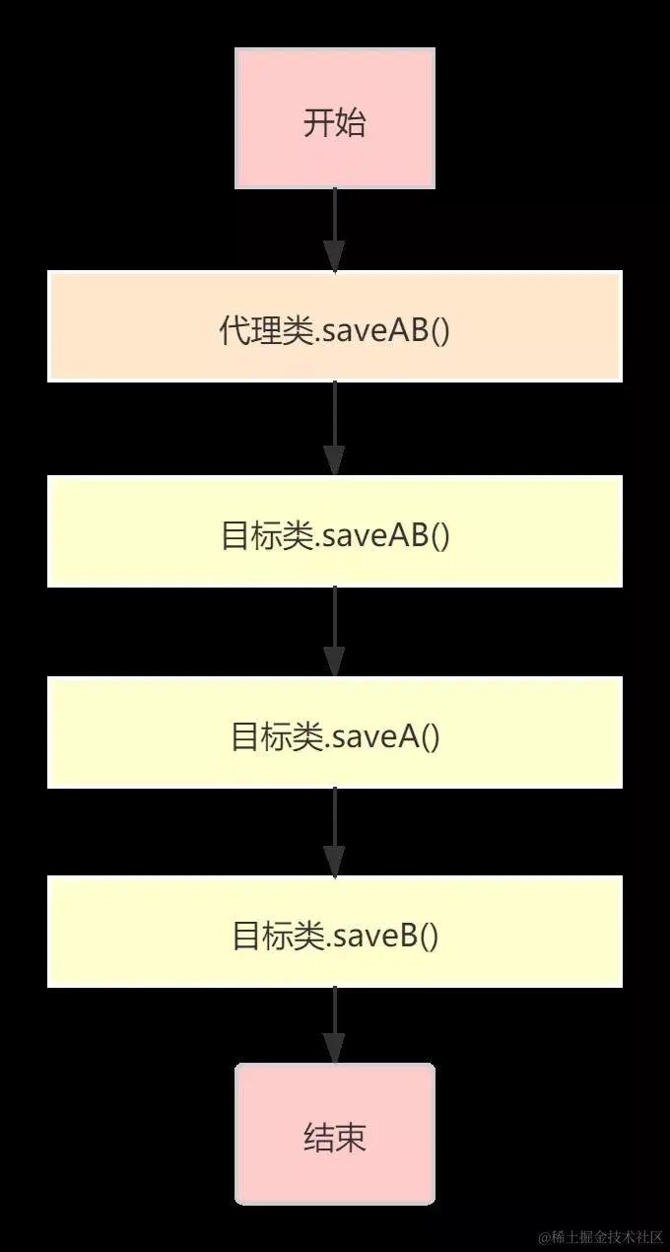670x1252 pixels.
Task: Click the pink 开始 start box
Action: point(335,119)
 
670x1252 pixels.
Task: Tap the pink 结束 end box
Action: point(335,1133)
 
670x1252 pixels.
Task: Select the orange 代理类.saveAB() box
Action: point(335,326)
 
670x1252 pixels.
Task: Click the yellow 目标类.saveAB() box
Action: point(335,531)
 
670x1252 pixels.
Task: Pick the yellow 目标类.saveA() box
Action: point(335,732)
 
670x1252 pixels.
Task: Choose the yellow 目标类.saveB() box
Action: point(335,932)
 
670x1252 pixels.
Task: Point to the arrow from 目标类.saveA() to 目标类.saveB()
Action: point(335,831)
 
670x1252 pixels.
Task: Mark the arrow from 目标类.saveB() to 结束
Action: point(335,1024)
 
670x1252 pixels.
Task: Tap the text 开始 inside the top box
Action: point(335,123)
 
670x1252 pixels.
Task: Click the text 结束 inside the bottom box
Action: point(335,1137)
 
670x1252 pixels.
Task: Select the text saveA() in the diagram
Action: point(385,736)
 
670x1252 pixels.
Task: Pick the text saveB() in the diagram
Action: point(385,936)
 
